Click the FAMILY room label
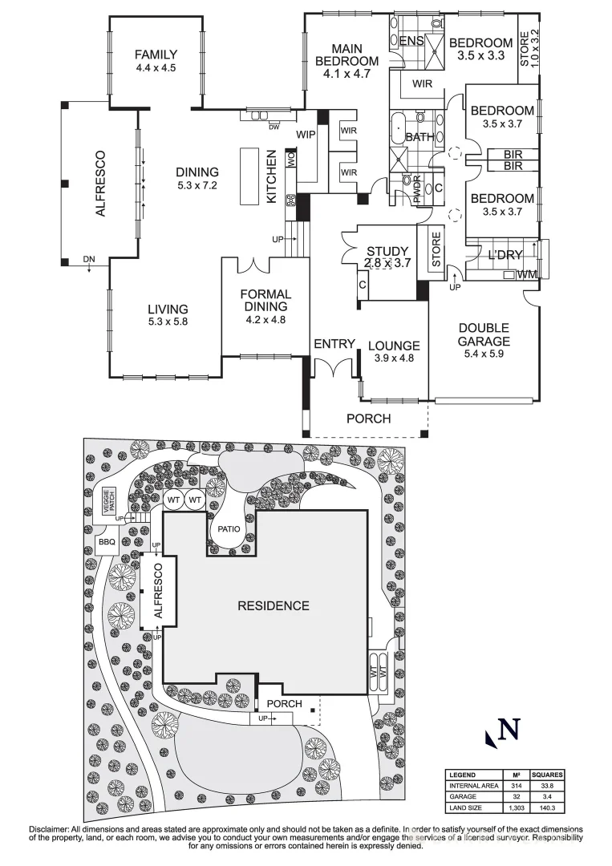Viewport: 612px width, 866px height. (155, 55)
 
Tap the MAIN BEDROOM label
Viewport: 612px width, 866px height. (346, 55)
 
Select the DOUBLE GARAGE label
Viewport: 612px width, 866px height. (483, 334)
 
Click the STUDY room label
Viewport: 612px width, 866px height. (387, 251)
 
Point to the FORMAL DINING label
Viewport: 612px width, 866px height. (265, 301)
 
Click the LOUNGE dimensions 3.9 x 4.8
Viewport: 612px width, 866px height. (394, 358)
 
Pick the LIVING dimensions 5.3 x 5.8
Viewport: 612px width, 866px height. (167, 322)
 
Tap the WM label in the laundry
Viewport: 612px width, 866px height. (527, 275)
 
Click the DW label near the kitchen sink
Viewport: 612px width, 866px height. (274, 126)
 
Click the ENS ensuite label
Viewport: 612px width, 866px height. (411, 40)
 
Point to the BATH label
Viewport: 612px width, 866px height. (419, 137)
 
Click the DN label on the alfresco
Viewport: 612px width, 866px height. (88, 259)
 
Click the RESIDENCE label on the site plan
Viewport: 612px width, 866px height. (273, 605)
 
